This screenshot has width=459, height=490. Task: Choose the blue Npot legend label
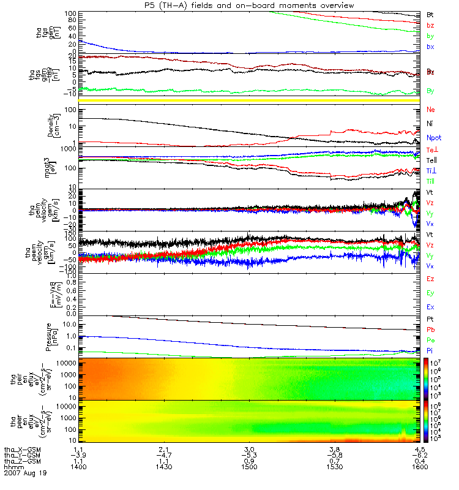click(x=433, y=138)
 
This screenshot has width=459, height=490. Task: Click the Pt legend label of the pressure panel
click(x=430, y=320)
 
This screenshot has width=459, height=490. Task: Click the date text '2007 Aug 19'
click(x=25, y=473)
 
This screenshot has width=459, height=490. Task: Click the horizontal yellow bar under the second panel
click(x=251, y=100)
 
